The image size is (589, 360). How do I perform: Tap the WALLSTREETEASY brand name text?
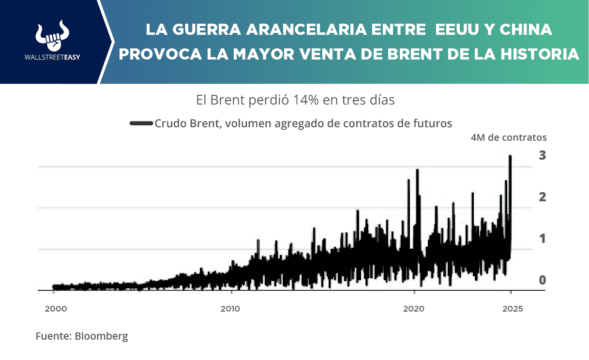(52, 57)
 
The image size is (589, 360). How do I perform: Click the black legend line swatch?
(141, 124)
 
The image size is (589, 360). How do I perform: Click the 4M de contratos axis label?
(508, 137)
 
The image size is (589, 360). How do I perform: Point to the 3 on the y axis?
(543, 155)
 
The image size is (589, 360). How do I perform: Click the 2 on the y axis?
(543, 197)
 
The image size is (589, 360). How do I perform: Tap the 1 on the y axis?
(543, 239)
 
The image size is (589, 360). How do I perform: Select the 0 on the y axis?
(543, 280)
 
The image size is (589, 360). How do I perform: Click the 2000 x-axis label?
(53, 309)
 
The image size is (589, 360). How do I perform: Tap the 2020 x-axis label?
(413, 309)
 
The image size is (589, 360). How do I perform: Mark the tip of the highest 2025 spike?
(510, 156)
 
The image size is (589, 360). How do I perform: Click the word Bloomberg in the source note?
(101, 336)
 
